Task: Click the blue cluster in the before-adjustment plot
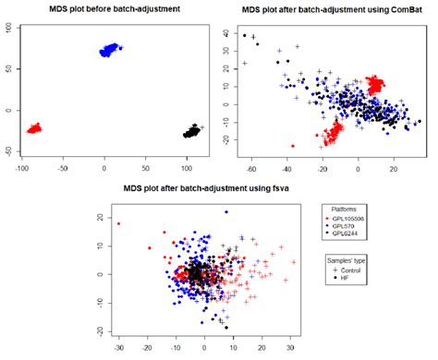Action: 110,48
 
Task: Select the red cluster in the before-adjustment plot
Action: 34,128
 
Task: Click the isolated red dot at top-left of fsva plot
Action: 118,223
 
